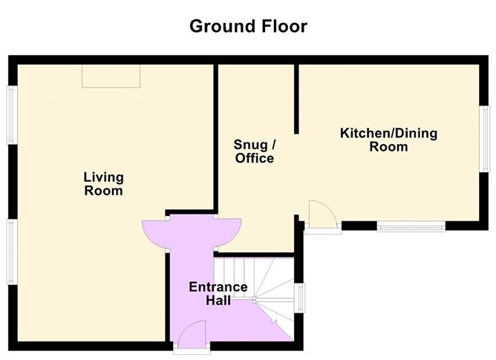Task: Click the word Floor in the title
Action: (282, 27)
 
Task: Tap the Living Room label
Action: (103, 184)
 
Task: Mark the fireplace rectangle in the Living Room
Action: (111, 76)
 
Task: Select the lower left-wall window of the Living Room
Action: (11, 251)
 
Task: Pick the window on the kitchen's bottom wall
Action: (411, 226)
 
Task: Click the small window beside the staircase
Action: (300, 298)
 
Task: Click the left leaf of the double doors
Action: (154, 232)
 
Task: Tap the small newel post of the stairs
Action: (254, 301)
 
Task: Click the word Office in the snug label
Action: (255, 159)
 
